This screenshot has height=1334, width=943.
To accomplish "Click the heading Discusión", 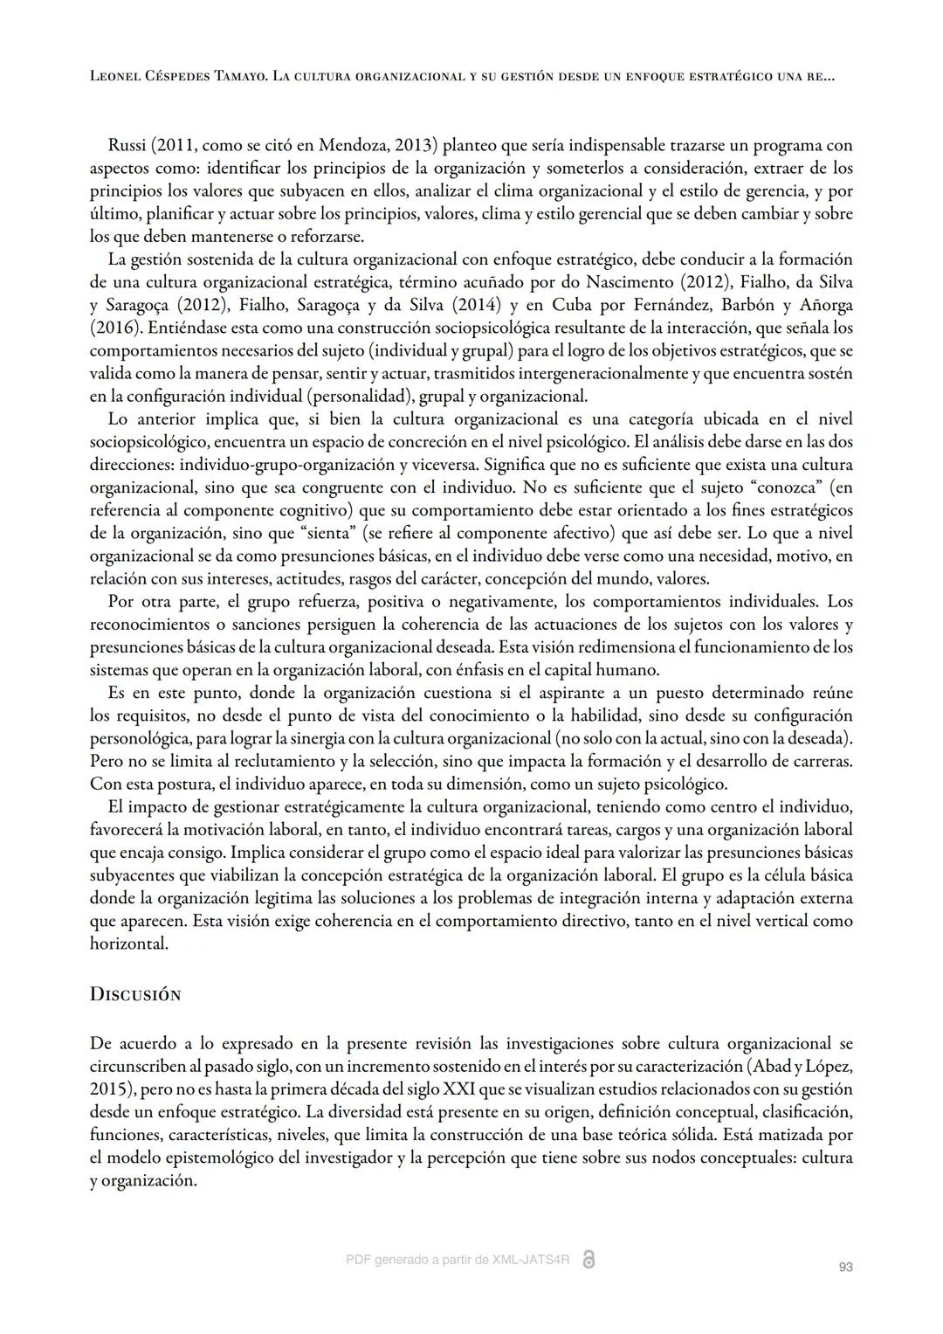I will pos(135,994).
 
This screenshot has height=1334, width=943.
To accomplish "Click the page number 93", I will pos(844,1267).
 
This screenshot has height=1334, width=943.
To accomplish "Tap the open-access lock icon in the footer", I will pos(589,1260).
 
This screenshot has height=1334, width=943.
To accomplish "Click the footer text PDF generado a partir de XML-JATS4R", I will pos(458,1260).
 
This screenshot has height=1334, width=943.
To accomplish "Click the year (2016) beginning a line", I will pos(116,328).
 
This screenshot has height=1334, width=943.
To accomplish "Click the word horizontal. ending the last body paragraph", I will pos(128,943).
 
